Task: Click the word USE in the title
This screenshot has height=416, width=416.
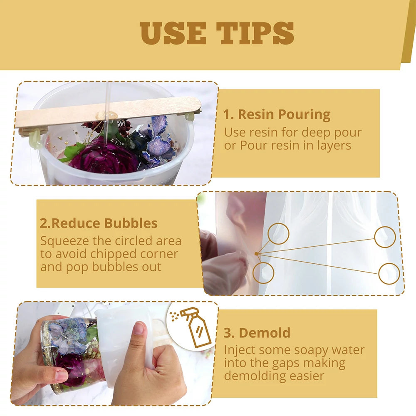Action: tap(173, 33)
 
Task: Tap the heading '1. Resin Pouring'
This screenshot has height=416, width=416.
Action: tap(277, 115)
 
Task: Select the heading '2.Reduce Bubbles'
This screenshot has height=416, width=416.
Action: tap(99, 223)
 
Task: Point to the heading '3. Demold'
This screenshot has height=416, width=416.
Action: tap(257, 333)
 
